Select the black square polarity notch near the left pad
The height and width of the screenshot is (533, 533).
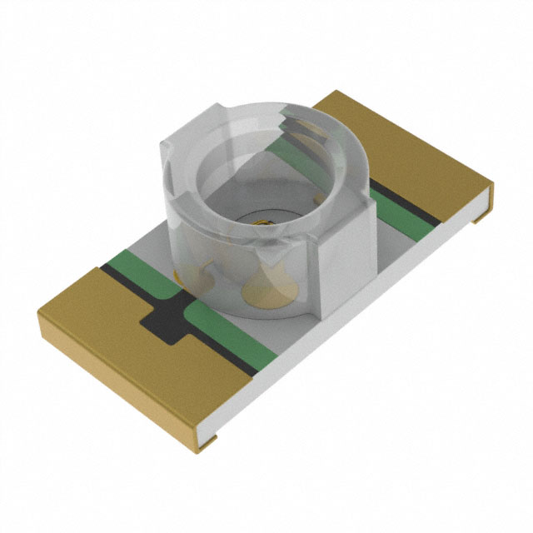tap(163, 320)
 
